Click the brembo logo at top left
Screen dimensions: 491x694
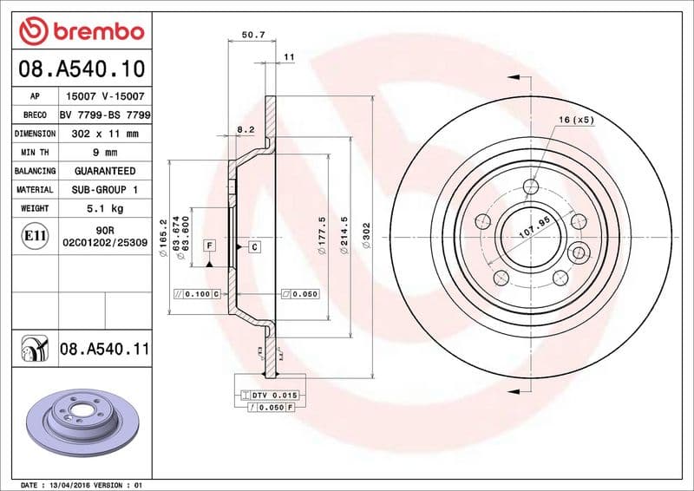(81, 32)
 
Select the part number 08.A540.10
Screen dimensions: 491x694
(81, 68)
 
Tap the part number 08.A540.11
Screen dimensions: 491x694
(105, 350)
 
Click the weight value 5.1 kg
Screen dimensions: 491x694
(105, 209)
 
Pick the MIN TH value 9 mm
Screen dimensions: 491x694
(105, 153)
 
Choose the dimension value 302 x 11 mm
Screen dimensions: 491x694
(105, 134)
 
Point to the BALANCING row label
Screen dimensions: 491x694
(35, 171)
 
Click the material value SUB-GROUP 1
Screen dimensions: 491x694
(105, 190)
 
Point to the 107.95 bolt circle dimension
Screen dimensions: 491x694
(535, 232)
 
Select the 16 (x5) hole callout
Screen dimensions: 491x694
(576, 120)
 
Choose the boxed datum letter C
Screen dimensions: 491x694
(255, 247)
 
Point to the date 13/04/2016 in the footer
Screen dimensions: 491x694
(80, 484)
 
